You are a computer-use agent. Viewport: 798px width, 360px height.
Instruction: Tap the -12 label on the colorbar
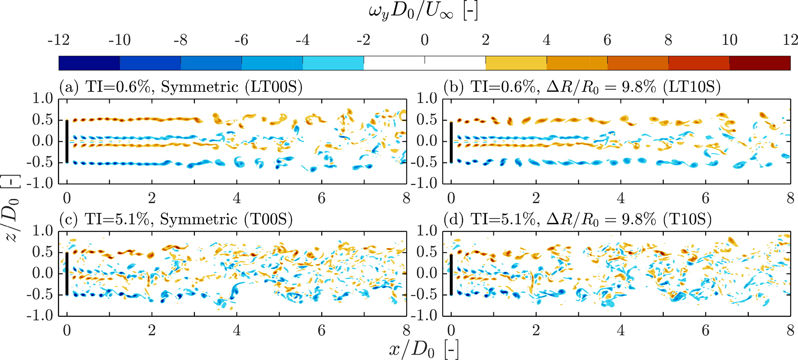[59, 40]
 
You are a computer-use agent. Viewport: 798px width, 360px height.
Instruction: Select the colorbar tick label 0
[425, 40]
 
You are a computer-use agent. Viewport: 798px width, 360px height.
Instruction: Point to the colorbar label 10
[729, 40]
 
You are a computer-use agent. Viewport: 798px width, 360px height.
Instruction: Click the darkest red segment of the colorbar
[760, 63]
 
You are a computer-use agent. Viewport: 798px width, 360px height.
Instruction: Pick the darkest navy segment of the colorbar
[89, 63]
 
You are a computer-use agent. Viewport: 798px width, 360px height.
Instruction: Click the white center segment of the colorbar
[425, 63]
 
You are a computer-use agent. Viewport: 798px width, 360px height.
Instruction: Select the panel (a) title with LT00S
[181, 87]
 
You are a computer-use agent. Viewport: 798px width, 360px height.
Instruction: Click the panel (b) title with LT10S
[582, 87]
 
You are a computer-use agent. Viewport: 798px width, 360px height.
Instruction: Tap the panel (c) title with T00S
[176, 219]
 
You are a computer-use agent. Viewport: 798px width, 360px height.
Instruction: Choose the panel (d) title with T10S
[578, 219]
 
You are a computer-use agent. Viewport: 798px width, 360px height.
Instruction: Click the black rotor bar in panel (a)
[67, 141]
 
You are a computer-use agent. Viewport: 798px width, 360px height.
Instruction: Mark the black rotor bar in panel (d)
[451, 274]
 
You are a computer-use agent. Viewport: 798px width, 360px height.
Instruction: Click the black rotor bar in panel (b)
[451, 142]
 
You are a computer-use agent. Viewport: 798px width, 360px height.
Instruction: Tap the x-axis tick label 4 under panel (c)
[237, 330]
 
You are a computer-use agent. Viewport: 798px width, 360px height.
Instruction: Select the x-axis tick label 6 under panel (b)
[705, 198]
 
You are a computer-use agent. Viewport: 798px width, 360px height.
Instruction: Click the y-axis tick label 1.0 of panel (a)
[42, 98]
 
